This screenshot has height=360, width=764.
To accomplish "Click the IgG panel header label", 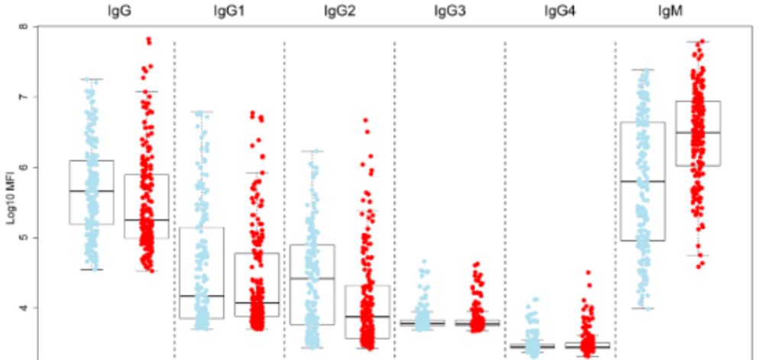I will point(118,11).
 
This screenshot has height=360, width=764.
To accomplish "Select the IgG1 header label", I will point(228,11).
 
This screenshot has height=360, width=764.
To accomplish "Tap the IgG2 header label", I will point(338,11).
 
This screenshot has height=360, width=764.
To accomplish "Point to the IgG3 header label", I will point(448,11).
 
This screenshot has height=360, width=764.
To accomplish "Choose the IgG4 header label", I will point(558,11).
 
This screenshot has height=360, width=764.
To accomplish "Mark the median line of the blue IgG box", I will point(91,190).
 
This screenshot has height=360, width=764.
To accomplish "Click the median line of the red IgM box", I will point(698,132).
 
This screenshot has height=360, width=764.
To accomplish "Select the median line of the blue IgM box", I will point(643,181).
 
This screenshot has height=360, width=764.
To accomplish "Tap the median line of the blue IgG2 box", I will point(312,279).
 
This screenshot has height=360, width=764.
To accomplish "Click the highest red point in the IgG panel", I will point(148,39).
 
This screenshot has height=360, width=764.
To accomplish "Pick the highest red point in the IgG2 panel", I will point(366,120).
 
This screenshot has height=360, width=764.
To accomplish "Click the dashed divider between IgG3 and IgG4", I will point(505,191).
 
